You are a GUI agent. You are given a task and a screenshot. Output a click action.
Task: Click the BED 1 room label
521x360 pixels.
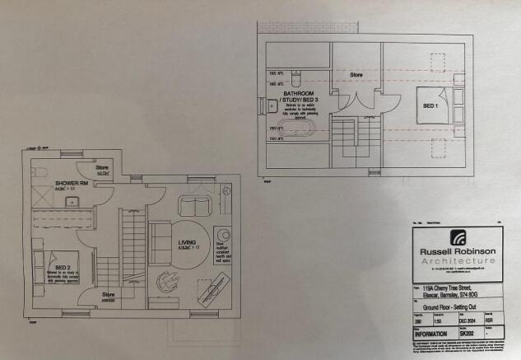coord(429,106)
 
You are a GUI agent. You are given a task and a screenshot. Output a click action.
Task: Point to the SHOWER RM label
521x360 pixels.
coord(68,182)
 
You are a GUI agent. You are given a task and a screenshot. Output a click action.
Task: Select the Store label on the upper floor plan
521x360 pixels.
coord(356,75)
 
